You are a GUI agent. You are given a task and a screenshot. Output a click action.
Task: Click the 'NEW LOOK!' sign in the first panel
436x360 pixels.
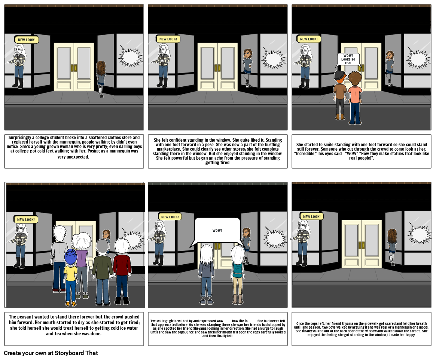(x=27, y=40)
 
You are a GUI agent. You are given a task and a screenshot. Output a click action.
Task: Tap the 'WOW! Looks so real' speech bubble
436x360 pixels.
(x=348, y=59)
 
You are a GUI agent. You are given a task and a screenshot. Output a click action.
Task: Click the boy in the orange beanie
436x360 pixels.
(x=339, y=95)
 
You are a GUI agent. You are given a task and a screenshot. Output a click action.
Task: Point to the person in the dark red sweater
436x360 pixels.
(x=122, y=271)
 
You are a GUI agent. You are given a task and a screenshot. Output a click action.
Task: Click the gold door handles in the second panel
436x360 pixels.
(x=217, y=68)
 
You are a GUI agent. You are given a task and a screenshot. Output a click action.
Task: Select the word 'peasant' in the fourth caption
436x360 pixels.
(x=27, y=317)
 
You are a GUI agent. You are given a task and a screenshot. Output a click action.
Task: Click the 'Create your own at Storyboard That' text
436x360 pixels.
(x=51, y=353)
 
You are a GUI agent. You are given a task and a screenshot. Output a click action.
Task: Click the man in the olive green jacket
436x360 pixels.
(x=102, y=272)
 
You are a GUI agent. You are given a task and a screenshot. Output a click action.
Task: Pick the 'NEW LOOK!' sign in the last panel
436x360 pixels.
(x=312, y=216)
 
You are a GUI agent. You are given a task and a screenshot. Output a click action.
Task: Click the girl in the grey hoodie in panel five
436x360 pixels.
(x=206, y=274)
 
